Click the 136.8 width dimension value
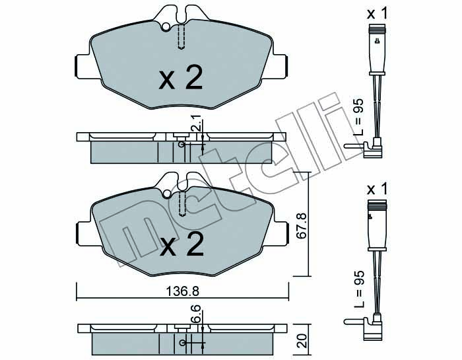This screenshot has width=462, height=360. [183, 291]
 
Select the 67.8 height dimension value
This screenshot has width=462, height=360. [302, 226]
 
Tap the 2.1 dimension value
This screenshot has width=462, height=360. [196, 123]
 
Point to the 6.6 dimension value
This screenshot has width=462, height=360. [197, 314]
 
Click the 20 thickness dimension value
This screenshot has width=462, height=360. [303, 341]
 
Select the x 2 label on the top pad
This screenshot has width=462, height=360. [181, 77]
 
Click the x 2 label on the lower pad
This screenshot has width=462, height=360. [181, 244]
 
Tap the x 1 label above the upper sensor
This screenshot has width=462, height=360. [377, 13]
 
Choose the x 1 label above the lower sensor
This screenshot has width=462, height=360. [377, 189]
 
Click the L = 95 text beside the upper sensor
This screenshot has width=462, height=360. [358, 117]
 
